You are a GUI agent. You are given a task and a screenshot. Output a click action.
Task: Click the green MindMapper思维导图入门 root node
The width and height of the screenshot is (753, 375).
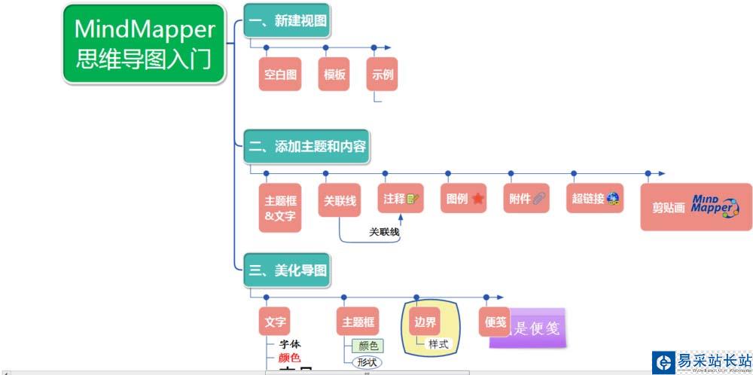click(144, 44)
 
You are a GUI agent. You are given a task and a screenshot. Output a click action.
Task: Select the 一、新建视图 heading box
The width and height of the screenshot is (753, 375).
click(287, 21)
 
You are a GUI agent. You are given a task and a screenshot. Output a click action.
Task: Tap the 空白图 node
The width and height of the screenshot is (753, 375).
click(279, 75)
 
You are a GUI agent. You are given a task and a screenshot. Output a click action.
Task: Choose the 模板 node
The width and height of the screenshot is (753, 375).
click(334, 75)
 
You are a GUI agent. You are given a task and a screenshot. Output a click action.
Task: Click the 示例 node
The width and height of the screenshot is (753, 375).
click(383, 75)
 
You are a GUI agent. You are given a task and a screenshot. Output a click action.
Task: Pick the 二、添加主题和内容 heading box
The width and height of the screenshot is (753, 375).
click(307, 146)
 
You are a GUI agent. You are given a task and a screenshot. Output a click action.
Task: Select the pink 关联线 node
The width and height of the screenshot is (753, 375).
click(339, 200)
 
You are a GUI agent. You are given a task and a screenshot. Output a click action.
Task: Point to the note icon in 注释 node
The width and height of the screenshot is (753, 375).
click(412, 200)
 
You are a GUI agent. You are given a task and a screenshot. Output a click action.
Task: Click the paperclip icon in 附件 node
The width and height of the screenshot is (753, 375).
click(539, 200)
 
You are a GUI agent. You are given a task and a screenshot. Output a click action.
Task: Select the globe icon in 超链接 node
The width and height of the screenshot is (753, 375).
click(613, 199)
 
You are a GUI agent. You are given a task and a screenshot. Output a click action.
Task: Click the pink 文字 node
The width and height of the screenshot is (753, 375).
click(275, 322)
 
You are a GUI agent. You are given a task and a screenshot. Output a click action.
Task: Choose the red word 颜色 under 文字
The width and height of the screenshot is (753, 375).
click(289, 358)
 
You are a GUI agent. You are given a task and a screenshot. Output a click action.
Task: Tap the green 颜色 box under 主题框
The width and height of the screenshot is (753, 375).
click(368, 346)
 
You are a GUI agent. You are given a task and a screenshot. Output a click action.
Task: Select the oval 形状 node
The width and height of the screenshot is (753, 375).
click(367, 361)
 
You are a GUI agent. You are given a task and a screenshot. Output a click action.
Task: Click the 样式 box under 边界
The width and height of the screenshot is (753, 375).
click(438, 344)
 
